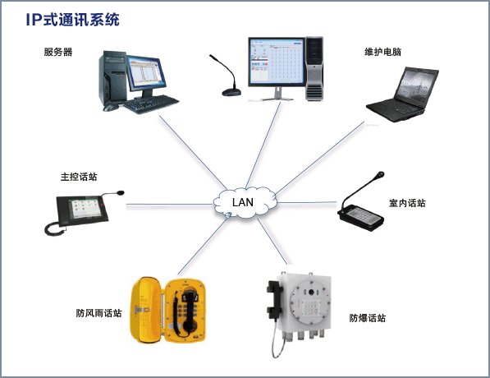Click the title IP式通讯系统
point(72,20)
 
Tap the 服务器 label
point(58,52)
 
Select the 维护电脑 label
point(382,52)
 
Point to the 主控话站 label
point(79,177)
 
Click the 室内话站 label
point(407,203)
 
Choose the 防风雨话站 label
point(98,313)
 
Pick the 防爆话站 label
point(368,318)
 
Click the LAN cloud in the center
point(245,202)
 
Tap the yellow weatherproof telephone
point(167,310)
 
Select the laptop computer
point(402,94)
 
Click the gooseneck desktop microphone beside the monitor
point(227,76)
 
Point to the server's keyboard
point(152,104)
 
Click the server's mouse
point(110,108)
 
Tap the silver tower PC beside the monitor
point(314,69)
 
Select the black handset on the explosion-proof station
point(274,301)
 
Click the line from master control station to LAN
point(170,205)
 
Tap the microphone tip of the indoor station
point(380,174)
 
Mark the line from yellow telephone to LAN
point(203,246)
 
